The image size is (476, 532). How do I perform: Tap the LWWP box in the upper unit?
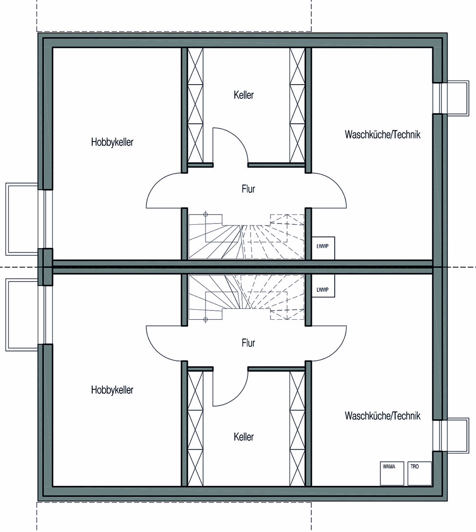(x=323, y=248)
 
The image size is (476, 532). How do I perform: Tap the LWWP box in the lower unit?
(x=323, y=286)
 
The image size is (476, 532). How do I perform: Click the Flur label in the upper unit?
(x=248, y=189)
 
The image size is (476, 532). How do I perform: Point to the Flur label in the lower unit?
(x=248, y=343)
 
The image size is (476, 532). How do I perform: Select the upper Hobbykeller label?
(x=112, y=142)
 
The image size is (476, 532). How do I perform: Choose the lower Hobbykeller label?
(x=112, y=390)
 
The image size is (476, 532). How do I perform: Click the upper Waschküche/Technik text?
(x=382, y=134)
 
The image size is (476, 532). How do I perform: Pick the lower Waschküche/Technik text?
(x=382, y=416)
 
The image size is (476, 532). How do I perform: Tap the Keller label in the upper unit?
(x=244, y=95)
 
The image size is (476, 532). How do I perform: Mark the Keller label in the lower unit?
(x=244, y=437)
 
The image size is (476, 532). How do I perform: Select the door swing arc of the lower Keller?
(x=238, y=395)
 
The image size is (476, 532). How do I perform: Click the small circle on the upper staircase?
(x=206, y=215)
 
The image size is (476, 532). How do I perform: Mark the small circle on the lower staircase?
(x=206, y=319)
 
